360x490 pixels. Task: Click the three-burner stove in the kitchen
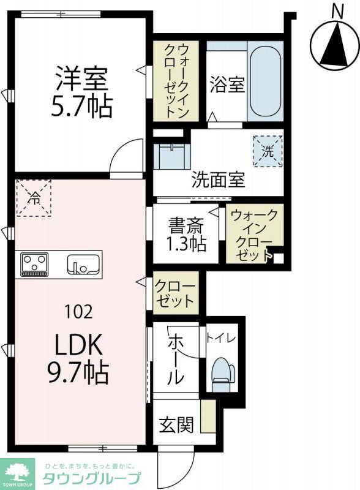[35, 264]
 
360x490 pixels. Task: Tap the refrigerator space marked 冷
[35, 197]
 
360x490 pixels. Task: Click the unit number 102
[79, 312]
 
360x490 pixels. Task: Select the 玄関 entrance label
[177, 424]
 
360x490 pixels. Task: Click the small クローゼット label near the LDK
[174, 294]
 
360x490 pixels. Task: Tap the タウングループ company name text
[92, 478]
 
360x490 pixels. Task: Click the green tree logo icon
[18, 473]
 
